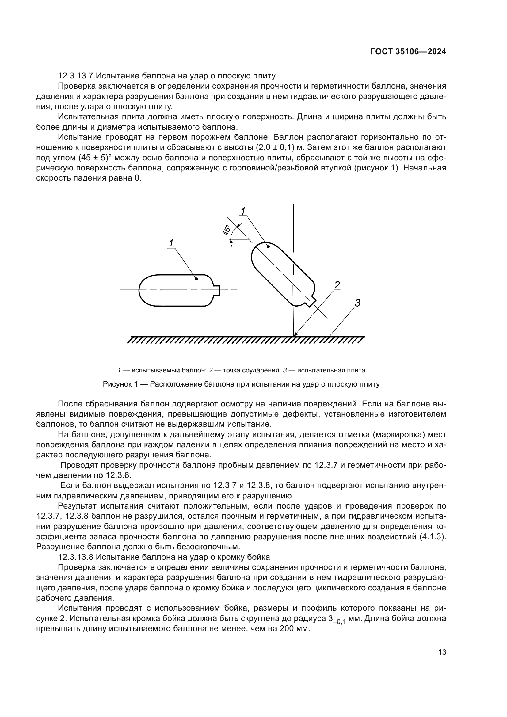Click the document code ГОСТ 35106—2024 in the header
pyautogui.click(x=408, y=52)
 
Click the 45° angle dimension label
pyautogui.click(x=227, y=230)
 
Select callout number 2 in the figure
pyautogui.click(x=337, y=285)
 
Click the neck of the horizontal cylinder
pyautogui.click(x=217, y=290)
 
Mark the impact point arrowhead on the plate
pyautogui.click(x=295, y=335)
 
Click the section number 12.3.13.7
pyautogui.click(x=77, y=76)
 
